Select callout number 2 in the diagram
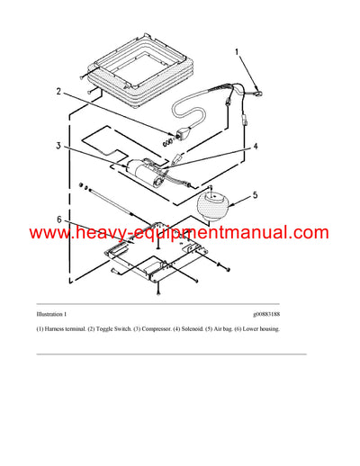pos(58,91)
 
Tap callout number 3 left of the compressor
pos(58,146)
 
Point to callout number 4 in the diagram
pos(256,146)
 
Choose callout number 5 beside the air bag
pos(255,193)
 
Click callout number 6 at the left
pos(58,219)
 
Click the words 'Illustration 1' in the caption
pos(51,315)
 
